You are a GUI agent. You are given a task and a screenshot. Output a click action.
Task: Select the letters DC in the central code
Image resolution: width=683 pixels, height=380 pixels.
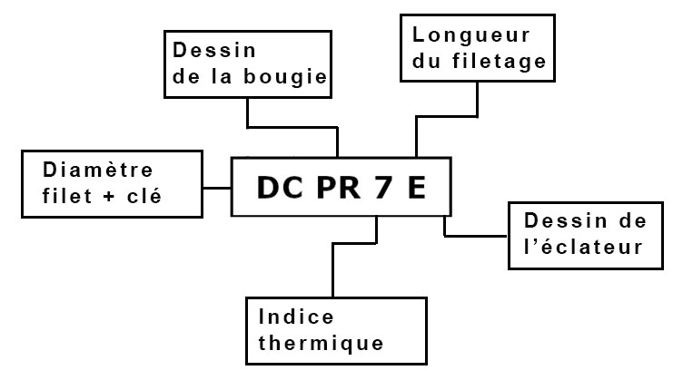tap(274, 187)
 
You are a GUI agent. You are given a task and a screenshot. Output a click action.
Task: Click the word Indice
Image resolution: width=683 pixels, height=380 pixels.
tap(296, 317)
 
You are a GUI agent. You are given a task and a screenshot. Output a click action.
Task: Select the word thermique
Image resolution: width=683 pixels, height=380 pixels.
tap(321, 345)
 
